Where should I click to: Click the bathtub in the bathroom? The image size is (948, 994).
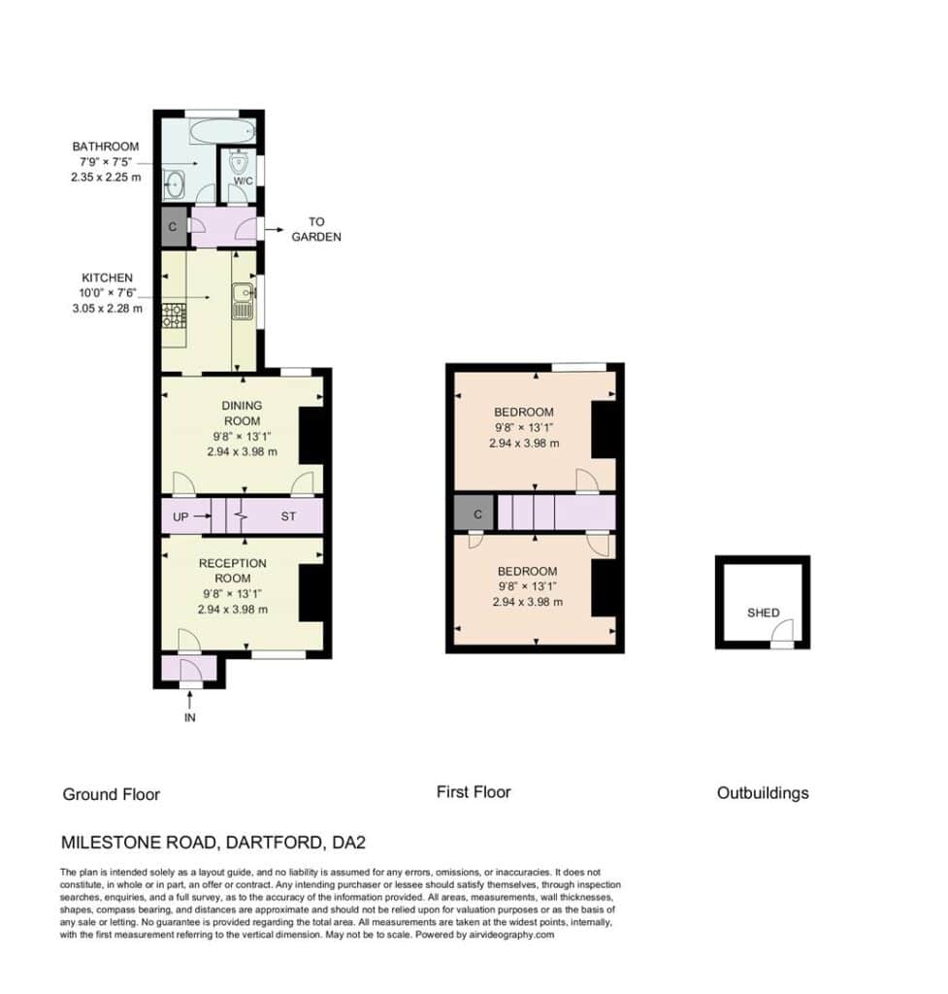(222, 131)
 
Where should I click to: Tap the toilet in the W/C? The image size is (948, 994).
(239, 163)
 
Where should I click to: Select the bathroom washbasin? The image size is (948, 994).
(174, 184)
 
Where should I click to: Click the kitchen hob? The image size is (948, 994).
(175, 315)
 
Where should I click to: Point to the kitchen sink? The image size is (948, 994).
(244, 301)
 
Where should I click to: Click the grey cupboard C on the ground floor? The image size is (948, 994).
(173, 226)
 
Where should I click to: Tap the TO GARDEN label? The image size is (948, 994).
(316, 229)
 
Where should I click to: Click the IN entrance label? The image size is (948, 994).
(189, 717)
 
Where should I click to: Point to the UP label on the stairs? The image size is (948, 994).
(180, 516)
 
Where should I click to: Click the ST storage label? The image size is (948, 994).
(288, 516)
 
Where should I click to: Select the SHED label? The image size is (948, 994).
(763, 613)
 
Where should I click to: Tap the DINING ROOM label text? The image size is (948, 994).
(242, 413)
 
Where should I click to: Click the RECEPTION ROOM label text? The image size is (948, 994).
(233, 571)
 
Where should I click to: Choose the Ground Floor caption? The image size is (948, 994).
(112, 794)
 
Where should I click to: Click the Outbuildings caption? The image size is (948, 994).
(763, 793)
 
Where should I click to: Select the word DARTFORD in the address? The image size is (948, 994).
(274, 843)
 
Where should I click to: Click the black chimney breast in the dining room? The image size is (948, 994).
(311, 436)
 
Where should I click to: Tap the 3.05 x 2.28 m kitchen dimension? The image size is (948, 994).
(107, 309)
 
